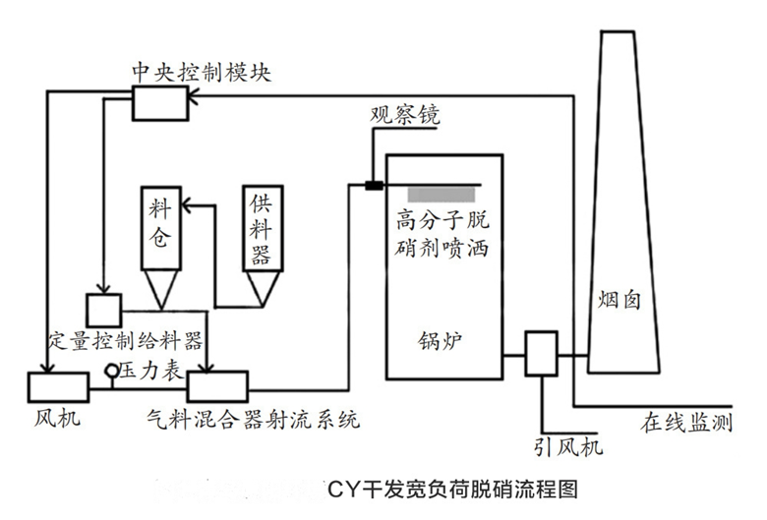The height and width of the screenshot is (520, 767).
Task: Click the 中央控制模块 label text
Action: (x=201, y=73)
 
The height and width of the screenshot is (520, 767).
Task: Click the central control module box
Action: (x=161, y=102)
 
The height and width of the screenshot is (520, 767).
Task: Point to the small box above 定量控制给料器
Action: (x=102, y=310)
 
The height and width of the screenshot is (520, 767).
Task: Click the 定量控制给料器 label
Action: (x=125, y=341)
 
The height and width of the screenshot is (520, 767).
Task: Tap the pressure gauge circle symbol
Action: (x=114, y=371)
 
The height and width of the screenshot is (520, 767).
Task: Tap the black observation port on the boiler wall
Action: (x=374, y=184)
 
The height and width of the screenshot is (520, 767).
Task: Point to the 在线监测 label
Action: (x=687, y=423)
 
